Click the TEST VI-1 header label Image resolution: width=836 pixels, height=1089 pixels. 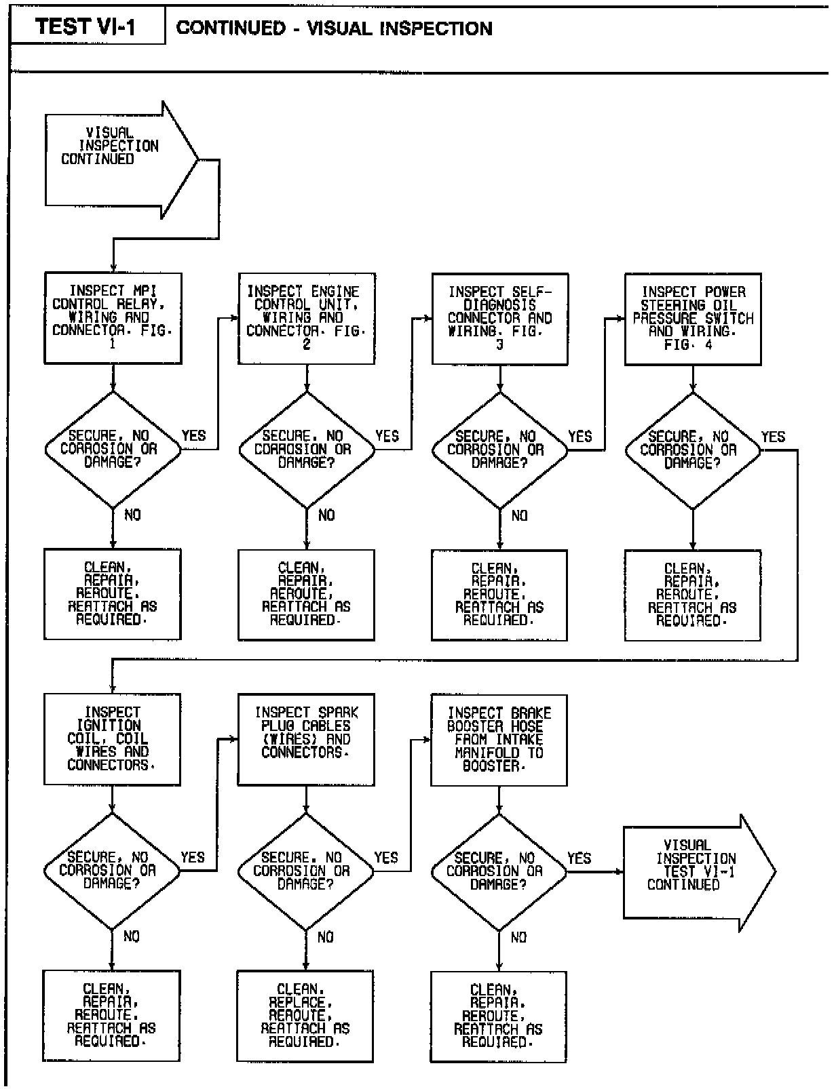coord(86,27)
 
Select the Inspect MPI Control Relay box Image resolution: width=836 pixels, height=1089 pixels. coord(113,318)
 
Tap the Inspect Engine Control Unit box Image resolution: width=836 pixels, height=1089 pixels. coord(306,318)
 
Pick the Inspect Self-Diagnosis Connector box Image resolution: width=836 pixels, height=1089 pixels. coord(499,319)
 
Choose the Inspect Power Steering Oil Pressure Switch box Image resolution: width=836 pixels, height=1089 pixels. coord(693,319)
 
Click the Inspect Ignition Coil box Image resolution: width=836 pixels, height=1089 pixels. coord(112,738)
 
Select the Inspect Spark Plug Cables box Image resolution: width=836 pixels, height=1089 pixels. coord(306,739)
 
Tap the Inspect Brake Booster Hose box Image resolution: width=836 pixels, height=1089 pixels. coord(499,740)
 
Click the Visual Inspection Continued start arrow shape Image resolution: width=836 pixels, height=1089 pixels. coord(115,160)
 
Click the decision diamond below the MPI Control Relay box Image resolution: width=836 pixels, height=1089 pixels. coord(113,449)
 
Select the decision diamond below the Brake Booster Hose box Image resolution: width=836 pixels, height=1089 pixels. coord(499,871)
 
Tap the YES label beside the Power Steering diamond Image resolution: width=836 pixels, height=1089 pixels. coord(773,437)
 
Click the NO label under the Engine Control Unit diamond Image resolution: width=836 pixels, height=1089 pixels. coord(326,515)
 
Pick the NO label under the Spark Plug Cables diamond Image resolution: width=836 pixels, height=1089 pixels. coord(326,936)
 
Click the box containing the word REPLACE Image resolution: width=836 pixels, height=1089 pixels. coord(305,1015)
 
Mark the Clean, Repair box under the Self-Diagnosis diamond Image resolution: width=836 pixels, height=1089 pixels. coord(499,594)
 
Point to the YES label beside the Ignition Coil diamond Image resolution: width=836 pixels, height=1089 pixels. coord(193,857)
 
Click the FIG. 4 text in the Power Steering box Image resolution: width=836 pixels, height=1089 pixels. coord(687,345)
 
